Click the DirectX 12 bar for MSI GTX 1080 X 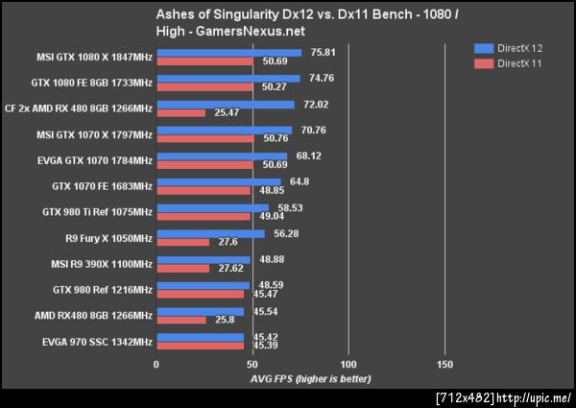(x=228, y=52)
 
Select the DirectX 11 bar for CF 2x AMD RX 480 (x=180, y=112)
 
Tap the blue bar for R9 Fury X (x=210, y=233)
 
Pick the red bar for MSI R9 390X (x=182, y=268)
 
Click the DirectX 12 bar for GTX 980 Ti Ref (x=212, y=207)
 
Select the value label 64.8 (x=295, y=181)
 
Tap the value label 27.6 (x=228, y=242)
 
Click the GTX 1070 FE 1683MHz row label (x=102, y=186)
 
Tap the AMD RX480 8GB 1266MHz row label (x=93, y=316)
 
